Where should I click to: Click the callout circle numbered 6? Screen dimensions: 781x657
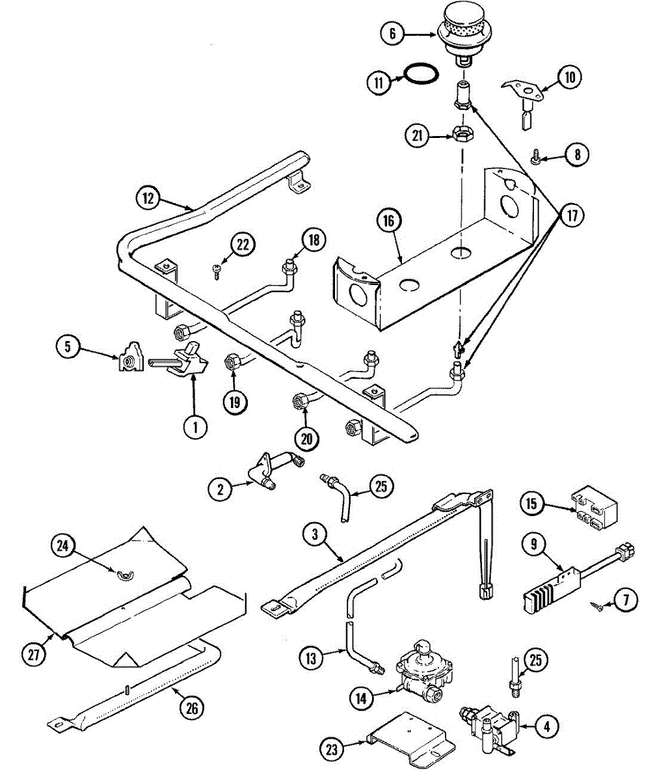[392, 33]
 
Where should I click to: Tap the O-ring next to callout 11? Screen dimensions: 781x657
[418, 74]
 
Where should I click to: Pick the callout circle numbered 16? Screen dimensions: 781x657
[388, 221]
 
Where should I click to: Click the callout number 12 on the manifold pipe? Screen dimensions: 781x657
[148, 198]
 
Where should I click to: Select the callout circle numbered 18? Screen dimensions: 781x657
[314, 241]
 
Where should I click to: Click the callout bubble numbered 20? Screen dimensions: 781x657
[306, 438]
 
